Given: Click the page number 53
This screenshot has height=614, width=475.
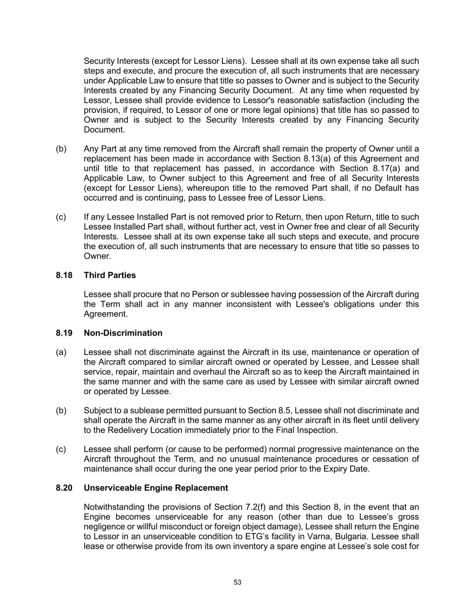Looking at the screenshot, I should [x=238, y=582].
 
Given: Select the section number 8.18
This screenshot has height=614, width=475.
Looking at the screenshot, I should [x=64, y=275].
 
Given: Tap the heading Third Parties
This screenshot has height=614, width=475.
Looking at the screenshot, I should [x=109, y=275].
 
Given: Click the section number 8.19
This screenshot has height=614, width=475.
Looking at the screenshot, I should [x=64, y=333].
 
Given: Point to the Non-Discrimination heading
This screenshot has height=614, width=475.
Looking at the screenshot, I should [x=123, y=333].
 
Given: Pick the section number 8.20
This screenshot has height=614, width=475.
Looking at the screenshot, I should [x=64, y=488].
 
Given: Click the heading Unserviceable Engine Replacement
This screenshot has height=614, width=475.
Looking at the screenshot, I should [x=156, y=488].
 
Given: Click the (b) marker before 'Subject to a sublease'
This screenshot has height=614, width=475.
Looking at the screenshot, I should [x=61, y=411].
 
